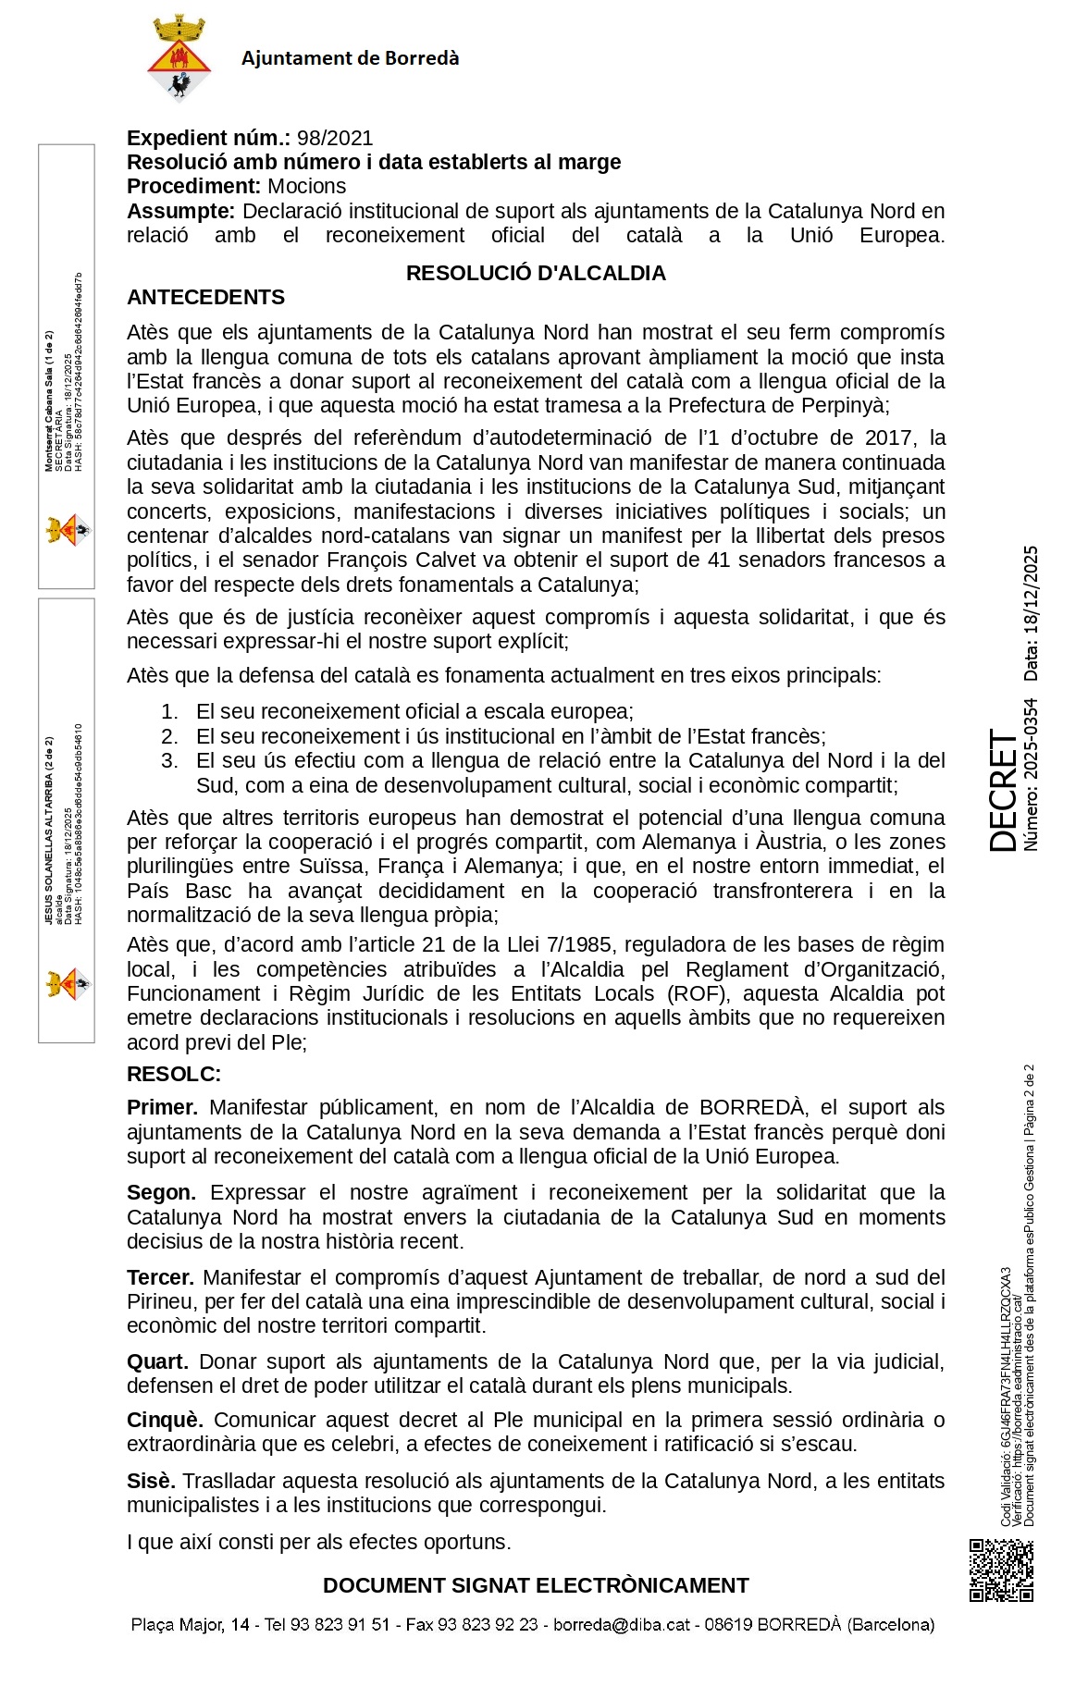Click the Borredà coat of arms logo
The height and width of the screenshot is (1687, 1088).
179,57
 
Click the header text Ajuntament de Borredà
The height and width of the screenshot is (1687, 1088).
350,58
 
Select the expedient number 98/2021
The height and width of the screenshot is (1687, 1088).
335,139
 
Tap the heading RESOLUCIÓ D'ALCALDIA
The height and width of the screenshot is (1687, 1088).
536,274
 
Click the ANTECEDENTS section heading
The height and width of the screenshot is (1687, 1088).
205,298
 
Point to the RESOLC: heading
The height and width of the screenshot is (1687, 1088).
174,1075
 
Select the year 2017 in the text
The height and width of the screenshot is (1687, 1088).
889,437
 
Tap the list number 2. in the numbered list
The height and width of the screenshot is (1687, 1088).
169,737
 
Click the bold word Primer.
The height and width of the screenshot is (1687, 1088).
162,1108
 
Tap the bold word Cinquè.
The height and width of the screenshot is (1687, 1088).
165,1421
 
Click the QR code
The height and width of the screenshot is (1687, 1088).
1001,1570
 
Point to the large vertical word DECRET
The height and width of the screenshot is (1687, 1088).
1003,791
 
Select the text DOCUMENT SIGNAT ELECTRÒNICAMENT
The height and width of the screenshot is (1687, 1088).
536,1585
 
